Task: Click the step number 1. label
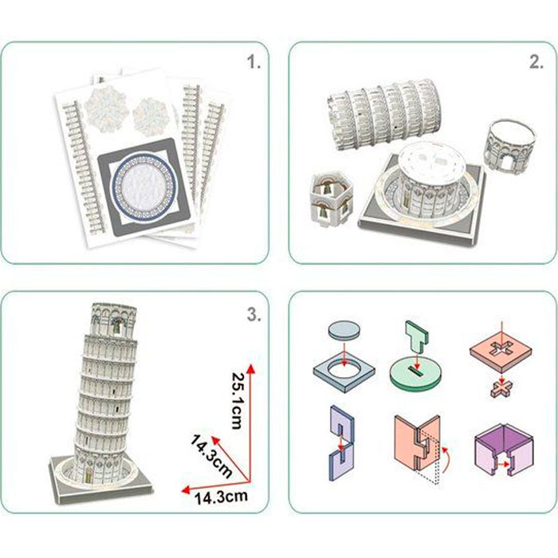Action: (x=254, y=63)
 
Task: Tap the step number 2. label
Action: (x=535, y=63)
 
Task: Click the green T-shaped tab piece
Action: (x=418, y=339)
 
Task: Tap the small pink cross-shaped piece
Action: (x=499, y=390)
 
